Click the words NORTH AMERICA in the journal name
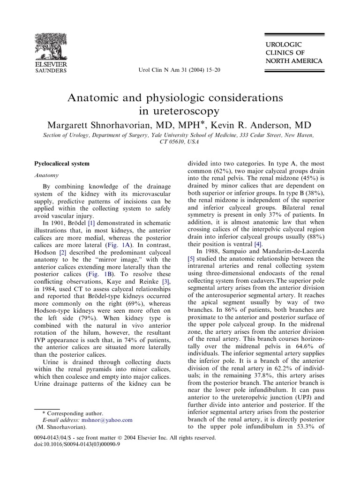(294, 61)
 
